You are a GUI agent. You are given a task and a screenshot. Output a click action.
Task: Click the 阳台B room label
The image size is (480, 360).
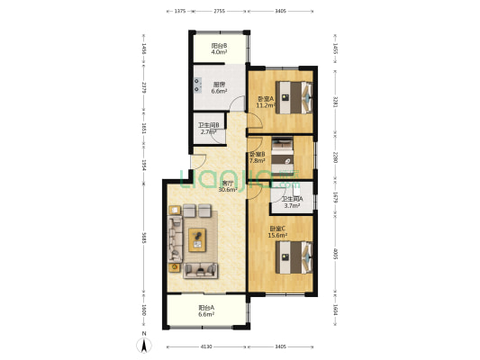point(219,49)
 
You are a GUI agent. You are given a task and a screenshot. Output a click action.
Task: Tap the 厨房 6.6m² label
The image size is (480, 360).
point(219,88)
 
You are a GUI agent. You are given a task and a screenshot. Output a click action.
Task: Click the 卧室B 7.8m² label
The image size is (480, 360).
point(257,157)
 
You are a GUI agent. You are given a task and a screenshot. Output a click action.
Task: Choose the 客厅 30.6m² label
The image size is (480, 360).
point(229,187)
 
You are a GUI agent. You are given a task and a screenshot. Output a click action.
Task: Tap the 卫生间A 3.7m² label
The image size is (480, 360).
point(293,202)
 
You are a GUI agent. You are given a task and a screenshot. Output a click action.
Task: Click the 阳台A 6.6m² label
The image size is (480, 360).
point(207,311)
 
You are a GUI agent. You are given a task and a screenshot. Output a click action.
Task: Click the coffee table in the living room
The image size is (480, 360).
point(197,238)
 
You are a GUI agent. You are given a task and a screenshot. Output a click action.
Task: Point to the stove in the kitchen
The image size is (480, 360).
point(195,87)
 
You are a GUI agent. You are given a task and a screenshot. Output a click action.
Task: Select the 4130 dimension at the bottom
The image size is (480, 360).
point(205,347)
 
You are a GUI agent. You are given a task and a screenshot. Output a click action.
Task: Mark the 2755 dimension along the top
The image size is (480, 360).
point(219,12)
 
